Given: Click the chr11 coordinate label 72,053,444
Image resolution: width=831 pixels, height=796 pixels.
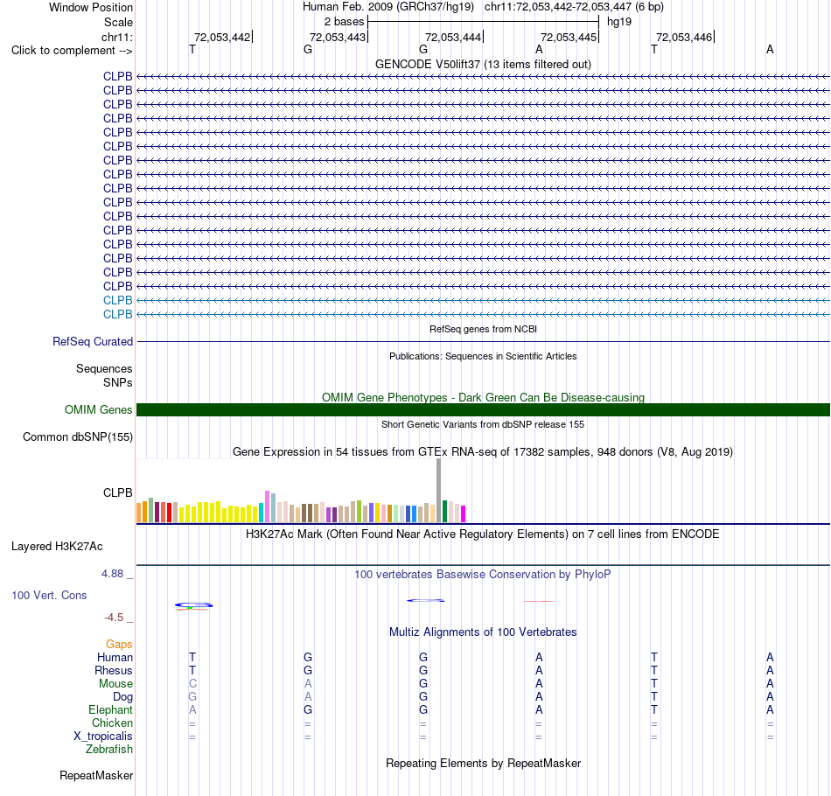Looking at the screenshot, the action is point(453,37).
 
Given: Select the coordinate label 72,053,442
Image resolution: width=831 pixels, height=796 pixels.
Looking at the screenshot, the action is point(222,37).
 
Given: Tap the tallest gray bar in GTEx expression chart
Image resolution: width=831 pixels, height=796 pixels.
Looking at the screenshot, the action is point(439,490).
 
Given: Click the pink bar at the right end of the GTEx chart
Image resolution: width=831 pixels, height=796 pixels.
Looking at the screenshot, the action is point(464,514).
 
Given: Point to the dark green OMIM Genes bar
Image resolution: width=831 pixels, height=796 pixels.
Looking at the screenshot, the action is point(484,409).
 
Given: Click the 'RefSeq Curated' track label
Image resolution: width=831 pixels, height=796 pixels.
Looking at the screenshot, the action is point(93,342).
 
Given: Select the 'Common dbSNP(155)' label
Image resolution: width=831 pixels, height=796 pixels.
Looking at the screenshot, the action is point(78,436).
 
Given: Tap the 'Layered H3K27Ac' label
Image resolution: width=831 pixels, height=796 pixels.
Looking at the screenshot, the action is point(57,547).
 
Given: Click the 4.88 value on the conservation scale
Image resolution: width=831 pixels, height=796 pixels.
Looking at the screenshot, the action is point(112,574).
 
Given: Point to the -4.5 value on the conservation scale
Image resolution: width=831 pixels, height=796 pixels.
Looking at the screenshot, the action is point(114,618).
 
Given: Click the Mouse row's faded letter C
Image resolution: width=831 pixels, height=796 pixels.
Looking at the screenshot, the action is point(192,684).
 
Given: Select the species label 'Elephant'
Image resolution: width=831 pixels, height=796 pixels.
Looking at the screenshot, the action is point(111,709).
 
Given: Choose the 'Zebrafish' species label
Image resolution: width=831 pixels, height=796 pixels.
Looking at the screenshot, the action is point(109,749).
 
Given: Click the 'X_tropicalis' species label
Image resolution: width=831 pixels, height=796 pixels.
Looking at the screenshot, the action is point(103,737).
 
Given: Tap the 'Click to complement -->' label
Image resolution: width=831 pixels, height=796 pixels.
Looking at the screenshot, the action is point(72,51).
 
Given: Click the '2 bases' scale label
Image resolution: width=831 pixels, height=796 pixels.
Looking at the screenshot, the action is point(345,22).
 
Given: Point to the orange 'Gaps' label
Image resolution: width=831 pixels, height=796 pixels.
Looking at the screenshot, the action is point(119,644).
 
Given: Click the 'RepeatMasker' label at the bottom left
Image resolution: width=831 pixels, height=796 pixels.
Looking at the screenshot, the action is point(96,775).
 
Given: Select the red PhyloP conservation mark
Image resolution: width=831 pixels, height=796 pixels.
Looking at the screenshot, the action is point(539,601).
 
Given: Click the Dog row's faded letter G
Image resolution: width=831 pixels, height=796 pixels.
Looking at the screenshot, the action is point(192,697).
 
